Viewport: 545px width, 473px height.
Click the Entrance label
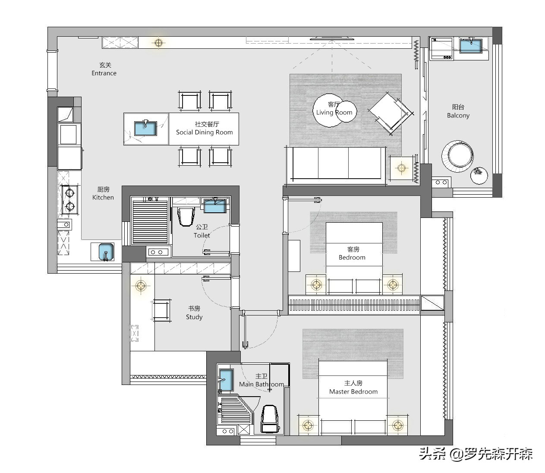(104, 73)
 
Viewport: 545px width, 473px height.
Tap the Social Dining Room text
(204, 132)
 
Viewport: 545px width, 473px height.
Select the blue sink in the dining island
(145, 128)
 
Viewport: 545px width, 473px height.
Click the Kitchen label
(103, 197)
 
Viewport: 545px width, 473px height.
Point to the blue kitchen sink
(106, 252)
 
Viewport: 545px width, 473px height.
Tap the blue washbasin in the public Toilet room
(215, 205)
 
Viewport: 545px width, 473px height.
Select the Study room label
(194, 317)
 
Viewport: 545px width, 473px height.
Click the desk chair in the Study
(161, 310)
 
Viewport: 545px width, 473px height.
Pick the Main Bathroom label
(261, 384)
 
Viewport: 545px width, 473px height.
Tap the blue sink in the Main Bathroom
(226, 380)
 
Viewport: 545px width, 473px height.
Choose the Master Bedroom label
(353, 391)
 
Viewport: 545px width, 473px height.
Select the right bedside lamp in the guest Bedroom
(392, 285)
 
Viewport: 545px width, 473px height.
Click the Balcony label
(458, 115)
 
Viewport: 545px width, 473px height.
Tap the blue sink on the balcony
(471, 46)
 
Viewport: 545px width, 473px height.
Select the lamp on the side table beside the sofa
(401, 168)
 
